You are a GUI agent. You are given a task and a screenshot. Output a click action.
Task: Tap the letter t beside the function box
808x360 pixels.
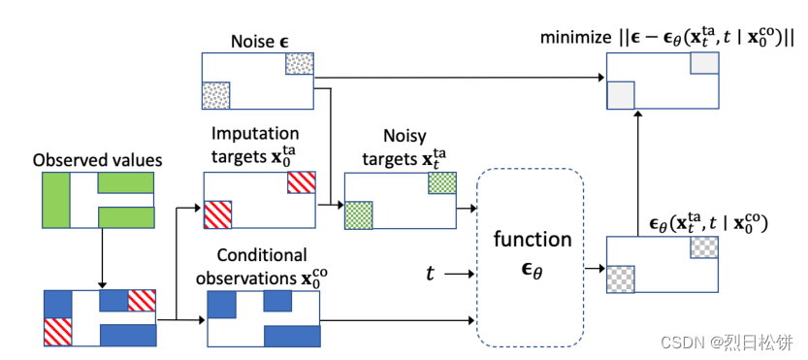(x=431, y=274)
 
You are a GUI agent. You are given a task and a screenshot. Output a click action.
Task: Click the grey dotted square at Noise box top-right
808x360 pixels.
(x=299, y=64)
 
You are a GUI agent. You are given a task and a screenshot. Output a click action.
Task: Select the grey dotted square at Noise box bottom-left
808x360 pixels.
(x=215, y=95)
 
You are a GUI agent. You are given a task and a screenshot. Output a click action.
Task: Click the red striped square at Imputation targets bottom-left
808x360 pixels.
(x=218, y=213)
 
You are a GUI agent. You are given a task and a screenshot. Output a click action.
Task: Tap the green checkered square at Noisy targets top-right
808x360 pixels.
(x=441, y=183)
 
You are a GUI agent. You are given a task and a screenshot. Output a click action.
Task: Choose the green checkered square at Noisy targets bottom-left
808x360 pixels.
(x=358, y=213)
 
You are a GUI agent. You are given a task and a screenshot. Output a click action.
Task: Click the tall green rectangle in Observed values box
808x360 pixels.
(x=54, y=199)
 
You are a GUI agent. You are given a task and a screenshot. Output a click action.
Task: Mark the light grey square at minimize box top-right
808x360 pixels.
(x=704, y=64)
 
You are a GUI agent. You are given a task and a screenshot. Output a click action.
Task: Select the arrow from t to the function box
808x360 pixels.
(x=460, y=275)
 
